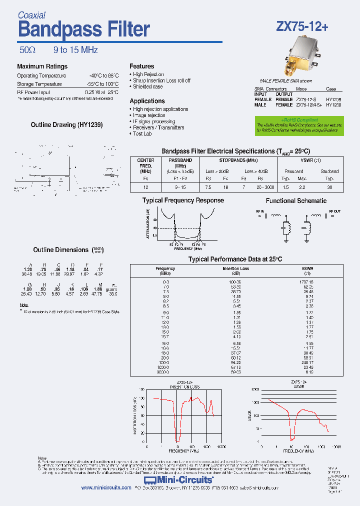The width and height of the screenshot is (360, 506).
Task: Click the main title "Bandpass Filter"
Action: pyautogui.click(x=83, y=30)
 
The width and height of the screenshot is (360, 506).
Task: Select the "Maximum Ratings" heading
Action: pyautogui.click(x=42, y=66)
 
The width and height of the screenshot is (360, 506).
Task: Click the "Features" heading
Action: pyautogui.click(x=141, y=66)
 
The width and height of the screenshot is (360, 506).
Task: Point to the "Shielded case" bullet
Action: pyautogui.click(x=147, y=86)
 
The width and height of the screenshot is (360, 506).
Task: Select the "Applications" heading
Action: pyautogui.click(x=147, y=101)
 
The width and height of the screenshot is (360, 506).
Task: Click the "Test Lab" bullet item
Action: pyautogui.click(x=142, y=133)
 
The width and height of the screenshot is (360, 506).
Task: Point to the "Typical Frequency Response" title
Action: pyautogui.click(x=183, y=200)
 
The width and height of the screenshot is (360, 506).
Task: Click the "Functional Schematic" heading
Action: pyautogui.click(x=296, y=200)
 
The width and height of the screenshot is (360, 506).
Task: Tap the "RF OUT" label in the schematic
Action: pyautogui.click(x=334, y=211)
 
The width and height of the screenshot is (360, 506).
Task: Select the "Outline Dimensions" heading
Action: pyautogui.click(x=60, y=249)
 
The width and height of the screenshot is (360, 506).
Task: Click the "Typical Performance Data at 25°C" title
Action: pyautogui.click(x=235, y=259)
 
